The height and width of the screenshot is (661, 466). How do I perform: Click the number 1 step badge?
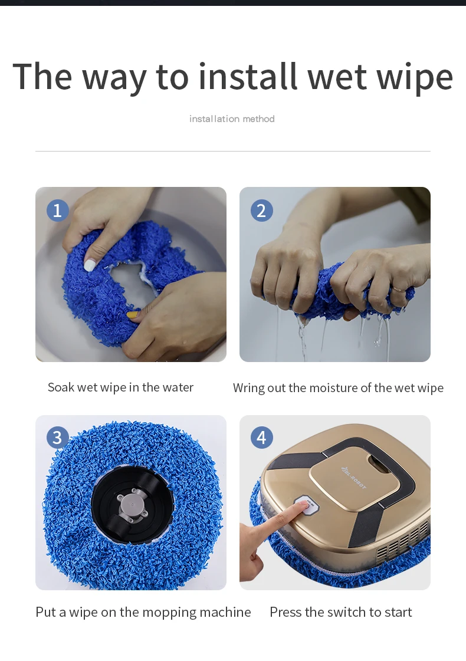pos(57,210)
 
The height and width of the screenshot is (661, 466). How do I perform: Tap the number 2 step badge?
pos(261,211)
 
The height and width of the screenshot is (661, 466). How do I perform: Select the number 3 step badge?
pos(57,437)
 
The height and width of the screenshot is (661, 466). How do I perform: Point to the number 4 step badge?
pos(261,438)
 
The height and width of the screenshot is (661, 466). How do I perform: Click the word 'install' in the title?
pos(248,77)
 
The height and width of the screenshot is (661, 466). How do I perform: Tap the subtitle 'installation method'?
pos(232,119)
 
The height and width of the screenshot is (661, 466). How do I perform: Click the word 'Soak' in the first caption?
pos(61,387)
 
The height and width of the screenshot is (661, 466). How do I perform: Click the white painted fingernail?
pos(90,265)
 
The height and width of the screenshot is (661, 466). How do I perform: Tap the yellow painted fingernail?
pos(133,314)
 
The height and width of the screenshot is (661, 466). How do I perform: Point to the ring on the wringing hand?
pos(398,290)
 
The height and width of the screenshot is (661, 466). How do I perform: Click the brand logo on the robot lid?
pos(353,477)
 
